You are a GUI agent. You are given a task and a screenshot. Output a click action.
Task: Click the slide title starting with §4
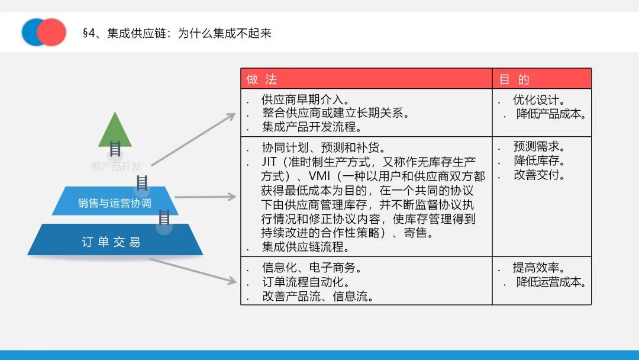pyautogui.click(x=177, y=33)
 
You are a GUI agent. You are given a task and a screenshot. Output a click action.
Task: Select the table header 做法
pyautogui.click(x=262, y=79)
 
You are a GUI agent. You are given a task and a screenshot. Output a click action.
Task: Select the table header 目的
pyautogui.click(x=514, y=79)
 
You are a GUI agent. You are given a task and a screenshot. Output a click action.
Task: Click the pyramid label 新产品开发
pyautogui.click(x=116, y=167)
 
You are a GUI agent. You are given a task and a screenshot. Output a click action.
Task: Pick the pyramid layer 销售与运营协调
pyautogui.click(x=115, y=203)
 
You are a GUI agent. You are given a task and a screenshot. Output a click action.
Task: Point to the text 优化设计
pyautogui.click(x=539, y=99)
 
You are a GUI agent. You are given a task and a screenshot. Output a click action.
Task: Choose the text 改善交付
pyautogui.click(x=539, y=175)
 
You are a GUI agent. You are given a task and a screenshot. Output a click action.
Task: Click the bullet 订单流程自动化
pyautogui.click(x=306, y=282)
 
